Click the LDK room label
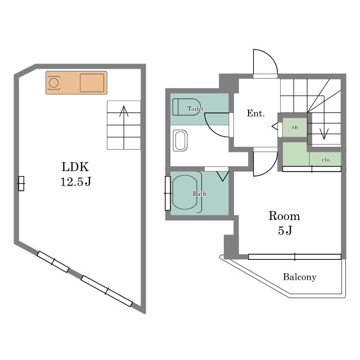tap(75, 167)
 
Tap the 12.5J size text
tap(76, 182)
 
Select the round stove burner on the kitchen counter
tap(54, 83)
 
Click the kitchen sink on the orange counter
tap(92, 83)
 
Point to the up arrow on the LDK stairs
tap(124, 128)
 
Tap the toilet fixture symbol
tap(186, 107)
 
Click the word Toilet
tap(195, 109)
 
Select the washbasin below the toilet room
tap(180, 141)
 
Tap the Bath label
tap(200, 193)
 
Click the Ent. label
tap(255, 113)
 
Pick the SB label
tap(295, 128)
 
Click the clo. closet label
tap(326, 159)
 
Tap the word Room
tap(284, 216)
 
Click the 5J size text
tap(285, 230)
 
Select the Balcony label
tap(300, 277)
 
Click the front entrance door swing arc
tap(272, 57)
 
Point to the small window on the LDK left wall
tap(21, 183)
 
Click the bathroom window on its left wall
tap(168, 193)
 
